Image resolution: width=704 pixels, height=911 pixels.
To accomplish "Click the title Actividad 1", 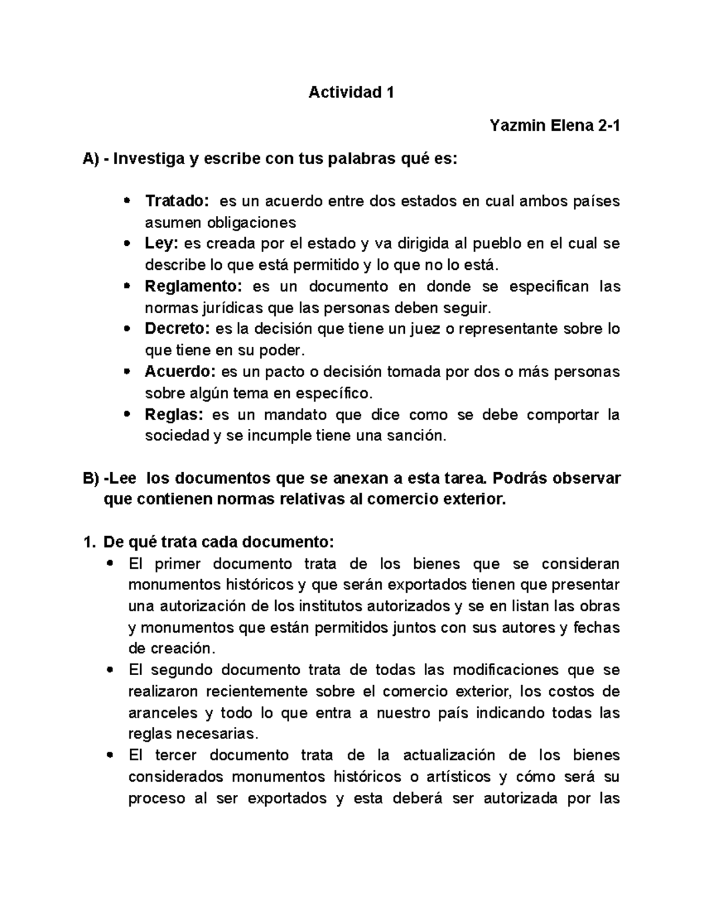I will pyautogui.click(x=351, y=92).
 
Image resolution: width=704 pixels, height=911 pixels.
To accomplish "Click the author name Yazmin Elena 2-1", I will pyautogui.click(x=555, y=126).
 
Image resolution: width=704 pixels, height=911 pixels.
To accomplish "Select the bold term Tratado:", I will pyautogui.click(x=177, y=201).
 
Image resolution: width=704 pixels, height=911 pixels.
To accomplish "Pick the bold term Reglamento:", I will pyautogui.click(x=193, y=286).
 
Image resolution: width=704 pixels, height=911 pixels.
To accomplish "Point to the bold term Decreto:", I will pyautogui.click(x=178, y=329).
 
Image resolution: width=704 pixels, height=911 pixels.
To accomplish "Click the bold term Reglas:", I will pyautogui.click(x=174, y=415).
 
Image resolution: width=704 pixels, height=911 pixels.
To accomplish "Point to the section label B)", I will pyautogui.click(x=92, y=478).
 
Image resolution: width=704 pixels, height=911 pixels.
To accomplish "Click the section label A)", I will pyautogui.click(x=92, y=159).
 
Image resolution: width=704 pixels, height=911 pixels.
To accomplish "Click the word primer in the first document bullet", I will pyautogui.click(x=178, y=564).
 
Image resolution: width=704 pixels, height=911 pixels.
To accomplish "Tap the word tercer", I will pyautogui.click(x=176, y=755).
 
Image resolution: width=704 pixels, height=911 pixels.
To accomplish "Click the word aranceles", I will pyautogui.click(x=163, y=713).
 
